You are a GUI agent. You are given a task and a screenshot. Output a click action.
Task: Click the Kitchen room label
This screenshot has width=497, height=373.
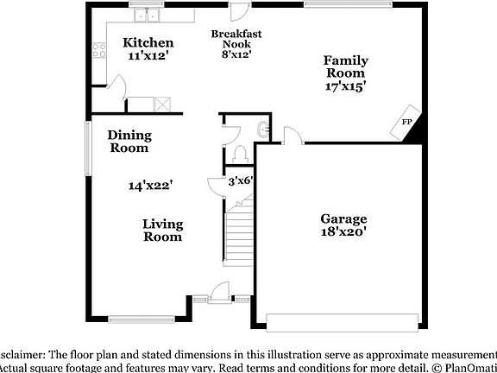[148, 42]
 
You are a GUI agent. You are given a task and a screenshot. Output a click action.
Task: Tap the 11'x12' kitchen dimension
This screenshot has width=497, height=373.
[148, 56]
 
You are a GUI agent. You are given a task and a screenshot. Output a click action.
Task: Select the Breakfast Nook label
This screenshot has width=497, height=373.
[236, 40]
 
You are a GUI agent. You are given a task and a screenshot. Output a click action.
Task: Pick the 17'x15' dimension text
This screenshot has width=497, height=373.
[345, 85]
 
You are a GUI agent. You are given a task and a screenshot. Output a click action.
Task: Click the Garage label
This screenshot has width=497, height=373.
[344, 218]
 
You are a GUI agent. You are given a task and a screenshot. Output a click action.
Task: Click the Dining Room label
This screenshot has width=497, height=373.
[129, 141]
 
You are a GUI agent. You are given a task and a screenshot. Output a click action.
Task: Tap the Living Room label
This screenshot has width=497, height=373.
[162, 230]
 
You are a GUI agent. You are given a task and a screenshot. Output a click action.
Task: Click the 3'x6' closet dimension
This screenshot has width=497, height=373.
[240, 181]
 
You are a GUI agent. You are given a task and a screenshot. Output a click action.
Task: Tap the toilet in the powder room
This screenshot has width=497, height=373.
[242, 153]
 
